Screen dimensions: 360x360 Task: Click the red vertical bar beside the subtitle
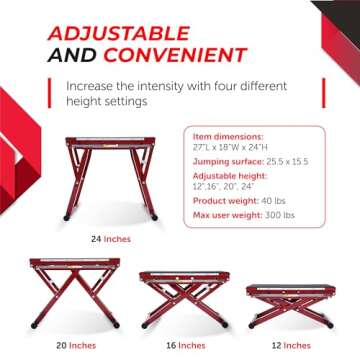coord(50,94)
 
